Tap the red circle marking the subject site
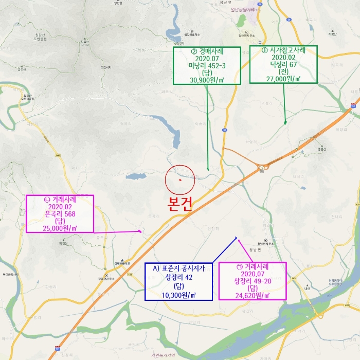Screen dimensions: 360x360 tap(180, 181)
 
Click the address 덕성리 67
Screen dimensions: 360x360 tap(284, 65)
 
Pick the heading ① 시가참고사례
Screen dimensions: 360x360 tap(284, 50)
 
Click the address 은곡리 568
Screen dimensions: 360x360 tap(60, 213)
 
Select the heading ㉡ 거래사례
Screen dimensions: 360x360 tap(60, 199)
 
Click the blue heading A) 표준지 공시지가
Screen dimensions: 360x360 tap(178, 268)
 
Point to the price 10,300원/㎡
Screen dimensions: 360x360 tap(178, 295)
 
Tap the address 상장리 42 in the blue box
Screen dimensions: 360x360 tap(178, 277)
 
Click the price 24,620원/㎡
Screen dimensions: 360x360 tap(252, 295)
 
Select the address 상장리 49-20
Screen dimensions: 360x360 tap(252, 281)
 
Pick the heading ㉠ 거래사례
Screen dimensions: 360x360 tap(252, 267)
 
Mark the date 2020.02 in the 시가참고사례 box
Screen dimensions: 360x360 tap(284, 58)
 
